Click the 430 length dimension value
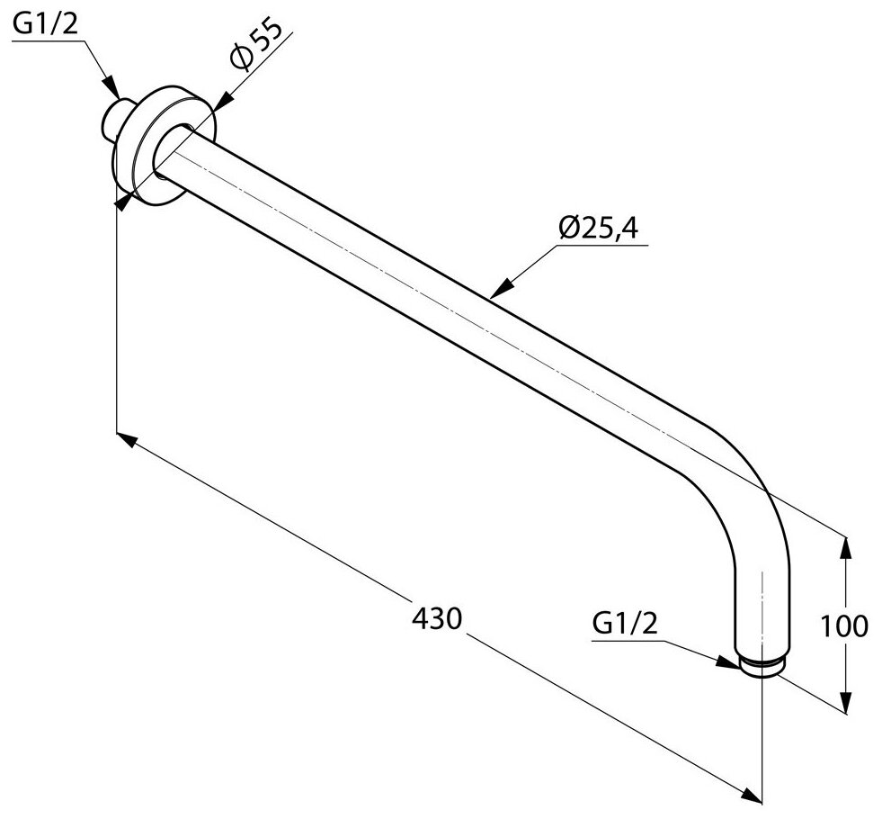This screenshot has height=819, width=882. (437, 618)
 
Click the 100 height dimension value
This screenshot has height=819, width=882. (845, 625)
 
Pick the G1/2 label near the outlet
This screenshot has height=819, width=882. (626, 623)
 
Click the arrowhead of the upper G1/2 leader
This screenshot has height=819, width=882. (112, 89)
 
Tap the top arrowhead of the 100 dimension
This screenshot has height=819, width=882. (845, 545)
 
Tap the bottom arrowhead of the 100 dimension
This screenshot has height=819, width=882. (845, 706)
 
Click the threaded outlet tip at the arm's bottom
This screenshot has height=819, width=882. (762, 666)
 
